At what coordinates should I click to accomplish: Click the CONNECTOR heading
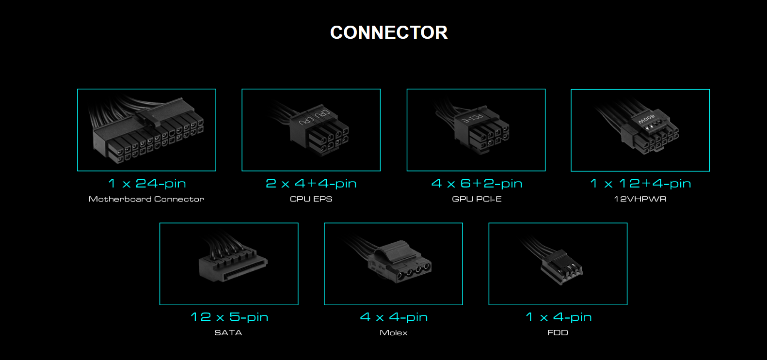point(389,32)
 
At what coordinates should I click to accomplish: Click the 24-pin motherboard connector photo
point(146,130)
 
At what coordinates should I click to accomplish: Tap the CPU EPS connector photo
point(311,130)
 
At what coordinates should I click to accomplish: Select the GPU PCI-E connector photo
point(476,130)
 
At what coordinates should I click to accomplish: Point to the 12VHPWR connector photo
point(640,130)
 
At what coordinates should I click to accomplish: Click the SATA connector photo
point(229,264)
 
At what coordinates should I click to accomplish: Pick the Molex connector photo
point(393,264)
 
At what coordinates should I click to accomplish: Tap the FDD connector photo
point(558,264)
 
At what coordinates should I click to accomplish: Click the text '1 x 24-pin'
point(147,184)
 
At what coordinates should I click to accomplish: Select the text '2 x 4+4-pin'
point(311,184)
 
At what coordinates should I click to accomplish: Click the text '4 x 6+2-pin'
point(477,184)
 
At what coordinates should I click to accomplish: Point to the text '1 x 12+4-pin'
point(640,184)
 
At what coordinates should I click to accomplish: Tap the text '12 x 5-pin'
point(229,317)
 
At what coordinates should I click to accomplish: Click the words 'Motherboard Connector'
point(146,199)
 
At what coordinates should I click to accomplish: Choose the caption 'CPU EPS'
point(311,199)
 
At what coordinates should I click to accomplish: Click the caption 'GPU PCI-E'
point(477,199)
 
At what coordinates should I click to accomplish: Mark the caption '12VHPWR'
point(640,199)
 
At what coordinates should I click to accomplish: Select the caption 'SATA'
point(228,333)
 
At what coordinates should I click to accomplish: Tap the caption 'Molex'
point(393,333)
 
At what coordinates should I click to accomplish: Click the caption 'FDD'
point(558,333)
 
